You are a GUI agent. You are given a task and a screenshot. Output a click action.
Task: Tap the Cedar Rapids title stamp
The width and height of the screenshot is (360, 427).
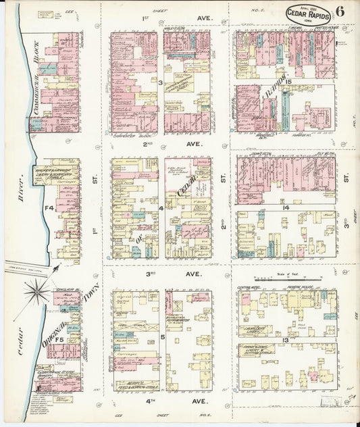[308, 14]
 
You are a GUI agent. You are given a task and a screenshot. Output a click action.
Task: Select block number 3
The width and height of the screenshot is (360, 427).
[161, 82]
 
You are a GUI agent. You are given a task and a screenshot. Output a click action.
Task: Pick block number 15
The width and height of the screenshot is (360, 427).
[287, 82]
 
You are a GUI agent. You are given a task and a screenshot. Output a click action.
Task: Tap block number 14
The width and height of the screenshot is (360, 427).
[286, 207]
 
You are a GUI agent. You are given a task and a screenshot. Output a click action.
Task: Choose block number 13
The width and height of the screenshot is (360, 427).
[286, 340]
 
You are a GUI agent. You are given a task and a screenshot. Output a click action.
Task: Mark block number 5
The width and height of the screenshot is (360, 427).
[162, 336]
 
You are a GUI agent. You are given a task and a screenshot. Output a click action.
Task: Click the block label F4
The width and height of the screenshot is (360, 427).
[49, 208]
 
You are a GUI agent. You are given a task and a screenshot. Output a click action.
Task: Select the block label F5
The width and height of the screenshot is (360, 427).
[59, 340]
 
